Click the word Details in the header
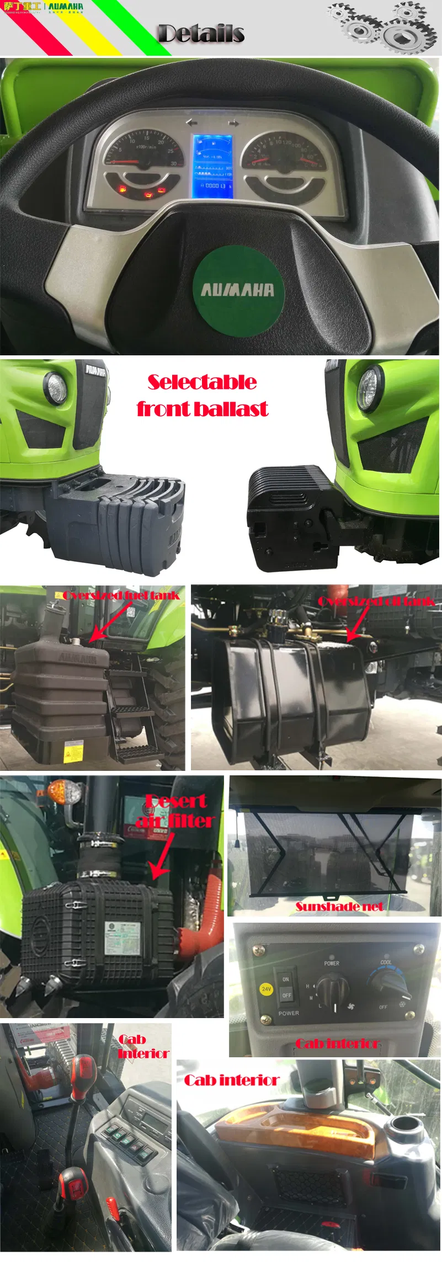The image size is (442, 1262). [x=201, y=34]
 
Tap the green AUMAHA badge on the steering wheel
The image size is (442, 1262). [x=238, y=290]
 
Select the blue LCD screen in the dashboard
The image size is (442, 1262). [x=212, y=166]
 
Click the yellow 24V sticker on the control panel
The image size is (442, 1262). [x=267, y=989]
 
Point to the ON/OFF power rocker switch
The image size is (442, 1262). [x=286, y=987]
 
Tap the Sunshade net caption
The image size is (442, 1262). [x=339, y=906]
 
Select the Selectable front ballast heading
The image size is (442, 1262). [x=202, y=395]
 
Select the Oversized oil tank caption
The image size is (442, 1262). [x=376, y=601]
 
